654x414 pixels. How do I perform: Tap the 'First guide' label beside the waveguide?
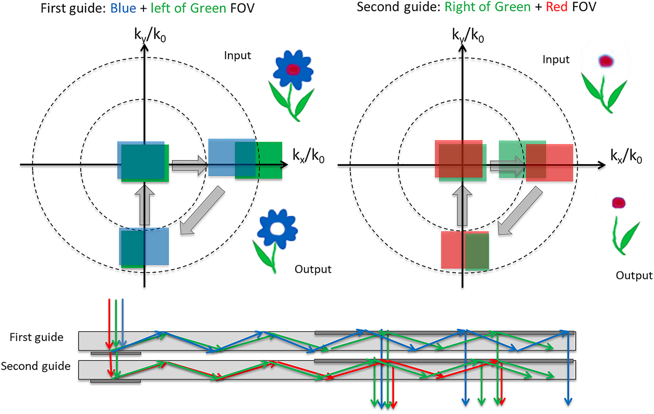(x=36, y=337)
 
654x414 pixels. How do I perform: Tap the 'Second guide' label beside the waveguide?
(x=36, y=366)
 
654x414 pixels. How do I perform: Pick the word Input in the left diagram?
(x=238, y=55)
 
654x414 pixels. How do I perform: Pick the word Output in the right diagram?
(x=634, y=275)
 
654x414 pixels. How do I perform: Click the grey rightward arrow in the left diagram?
(x=189, y=165)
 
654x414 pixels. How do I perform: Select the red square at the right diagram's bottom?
(x=453, y=249)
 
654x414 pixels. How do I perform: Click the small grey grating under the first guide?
(x=116, y=353)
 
